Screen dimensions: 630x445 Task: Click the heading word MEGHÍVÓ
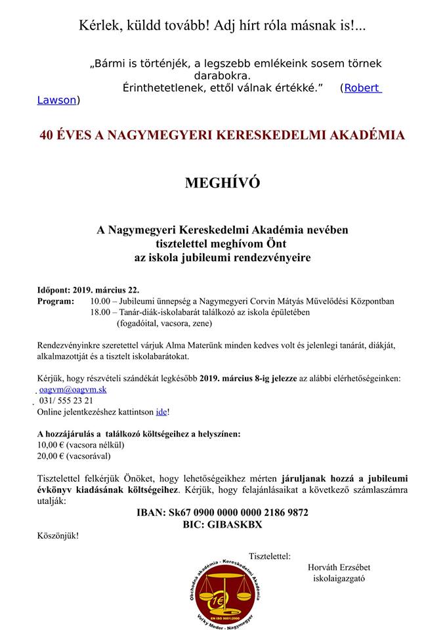pyautogui.click(x=222, y=183)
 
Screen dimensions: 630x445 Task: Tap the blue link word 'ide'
pyautogui.click(x=161, y=411)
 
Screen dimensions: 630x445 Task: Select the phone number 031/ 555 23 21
pyautogui.click(x=66, y=400)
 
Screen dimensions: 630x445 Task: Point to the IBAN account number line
pyautogui.click(x=222, y=512)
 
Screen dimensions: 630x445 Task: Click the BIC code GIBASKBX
pyautogui.click(x=222, y=524)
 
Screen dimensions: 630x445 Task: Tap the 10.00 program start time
pyautogui.click(x=100, y=301)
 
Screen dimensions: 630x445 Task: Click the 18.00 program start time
pyautogui.click(x=100, y=312)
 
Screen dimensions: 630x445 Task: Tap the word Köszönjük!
pyautogui.click(x=58, y=535)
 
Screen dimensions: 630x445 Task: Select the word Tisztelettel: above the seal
pyautogui.click(x=270, y=556)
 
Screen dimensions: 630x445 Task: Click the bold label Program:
pyautogui.click(x=56, y=301)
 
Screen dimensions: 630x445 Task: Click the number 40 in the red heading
pyautogui.click(x=47, y=135)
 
